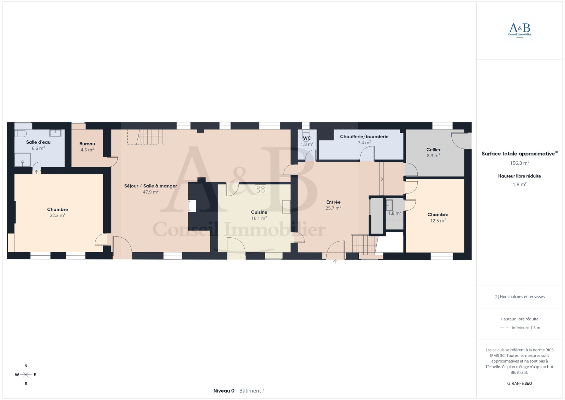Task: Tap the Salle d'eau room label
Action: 38,142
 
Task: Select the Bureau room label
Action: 87,144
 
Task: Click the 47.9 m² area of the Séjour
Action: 150,192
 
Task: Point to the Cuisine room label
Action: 259,212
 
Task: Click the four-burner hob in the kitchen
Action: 261,189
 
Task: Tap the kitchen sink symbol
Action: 286,207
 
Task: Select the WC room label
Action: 307,138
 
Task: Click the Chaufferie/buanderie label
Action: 364,137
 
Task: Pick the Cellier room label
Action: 433,150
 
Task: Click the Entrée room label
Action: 333,202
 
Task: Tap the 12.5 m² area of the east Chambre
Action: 438,221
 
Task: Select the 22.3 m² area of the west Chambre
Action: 58,215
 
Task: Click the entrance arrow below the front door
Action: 335,261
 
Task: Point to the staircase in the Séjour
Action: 150,137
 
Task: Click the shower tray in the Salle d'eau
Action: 23,160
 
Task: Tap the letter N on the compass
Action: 26,366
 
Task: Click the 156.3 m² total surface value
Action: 519,163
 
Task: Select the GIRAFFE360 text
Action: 519,383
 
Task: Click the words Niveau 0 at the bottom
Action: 224,391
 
